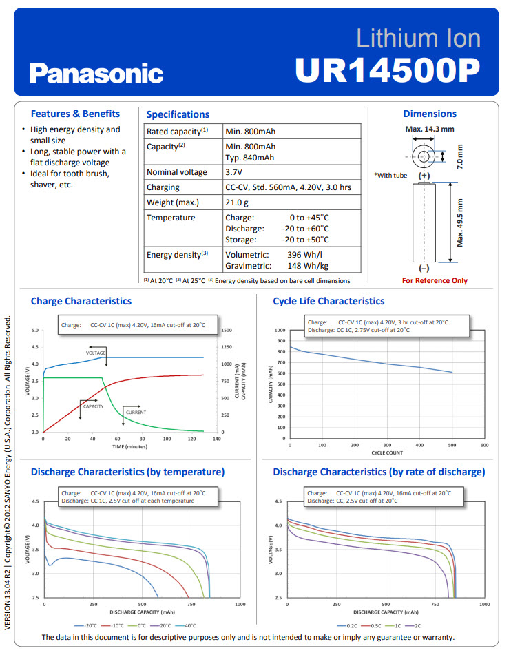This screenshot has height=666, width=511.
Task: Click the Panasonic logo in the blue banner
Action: pos(96,73)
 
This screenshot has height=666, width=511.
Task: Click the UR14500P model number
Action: pos(387,70)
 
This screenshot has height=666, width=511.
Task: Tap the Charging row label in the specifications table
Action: pos(163,187)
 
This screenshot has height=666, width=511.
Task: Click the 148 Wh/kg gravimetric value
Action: pos(308,266)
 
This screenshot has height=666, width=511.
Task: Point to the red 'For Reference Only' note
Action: pos(435,280)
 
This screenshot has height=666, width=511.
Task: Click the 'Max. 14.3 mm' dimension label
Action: pos(430,129)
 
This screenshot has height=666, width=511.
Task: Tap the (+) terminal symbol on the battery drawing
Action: pos(424,176)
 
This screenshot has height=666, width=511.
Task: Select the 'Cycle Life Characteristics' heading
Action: pos(328,301)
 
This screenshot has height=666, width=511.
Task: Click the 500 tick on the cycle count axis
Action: pos(452,446)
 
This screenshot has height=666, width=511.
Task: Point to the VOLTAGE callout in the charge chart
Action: pos(96,353)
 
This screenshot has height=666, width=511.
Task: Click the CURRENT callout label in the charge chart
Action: pos(135,413)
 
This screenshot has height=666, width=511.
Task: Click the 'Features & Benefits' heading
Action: pos(75,114)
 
